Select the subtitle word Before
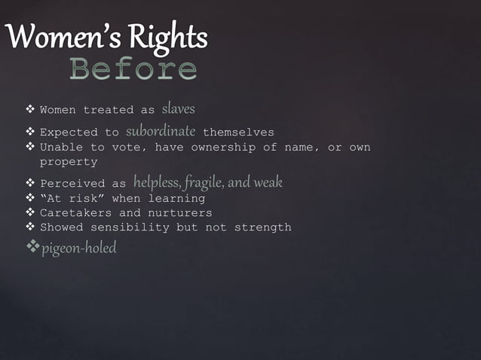point(133,69)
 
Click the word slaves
point(178,109)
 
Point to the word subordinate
point(161,132)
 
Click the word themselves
point(238,133)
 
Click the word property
point(68,162)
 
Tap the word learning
point(177,199)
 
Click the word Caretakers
point(75,213)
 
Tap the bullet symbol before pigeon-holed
point(32,247)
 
